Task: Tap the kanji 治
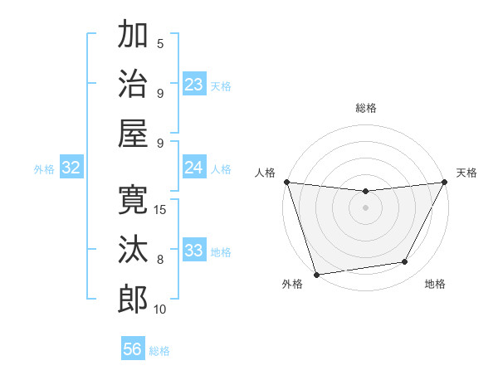click(133, 83)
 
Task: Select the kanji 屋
click(133, 133)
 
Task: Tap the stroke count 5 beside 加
click(160, 43)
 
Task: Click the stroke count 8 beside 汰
click(160, 260)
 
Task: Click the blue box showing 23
click(193, 85)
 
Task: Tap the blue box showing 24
click(193, 168)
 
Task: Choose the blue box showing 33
click(193, 251)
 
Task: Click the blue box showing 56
click(132, 349)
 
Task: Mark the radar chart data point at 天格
click(445, 182)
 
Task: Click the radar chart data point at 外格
click(316, 275)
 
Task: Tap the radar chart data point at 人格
click(286, 182)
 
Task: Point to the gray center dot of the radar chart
click(365, 207)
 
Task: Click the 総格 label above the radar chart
click(365, 108)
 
